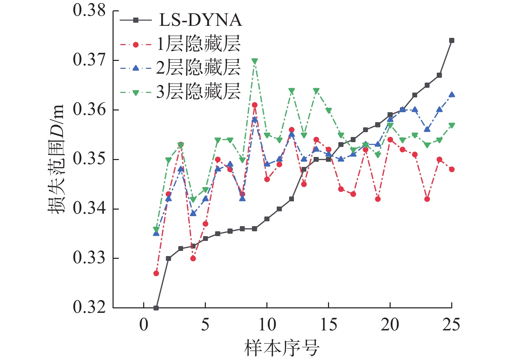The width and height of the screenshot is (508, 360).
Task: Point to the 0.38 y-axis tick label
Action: click(x=89, y=11)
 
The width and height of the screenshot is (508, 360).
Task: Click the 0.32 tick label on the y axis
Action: click(x=89, y=307)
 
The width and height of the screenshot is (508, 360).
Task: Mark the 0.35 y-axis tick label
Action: click(x=89, y=159)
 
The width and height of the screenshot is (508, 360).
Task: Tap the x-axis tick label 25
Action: click(x=451, y=325)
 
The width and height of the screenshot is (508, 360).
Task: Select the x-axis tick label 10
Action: click(x=267, y=325)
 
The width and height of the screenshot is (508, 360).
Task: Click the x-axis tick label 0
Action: click(x=144, y=325)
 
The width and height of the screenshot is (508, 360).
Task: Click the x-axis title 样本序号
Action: click(x=282, y=348)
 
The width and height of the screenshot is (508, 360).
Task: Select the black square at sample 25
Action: click(x=452, y=41)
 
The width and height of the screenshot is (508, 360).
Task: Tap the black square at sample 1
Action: click(x=156, y=308)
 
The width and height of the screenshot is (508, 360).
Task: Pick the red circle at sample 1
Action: click(x=156, y=273)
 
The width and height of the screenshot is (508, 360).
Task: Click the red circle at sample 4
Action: click(x=193, y=258)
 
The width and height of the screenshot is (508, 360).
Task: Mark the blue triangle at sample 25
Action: click(x=452, y=95)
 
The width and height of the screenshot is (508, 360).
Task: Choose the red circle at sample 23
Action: click(x=427, y=199)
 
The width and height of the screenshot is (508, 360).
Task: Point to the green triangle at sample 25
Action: click(x=452, y=125)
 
